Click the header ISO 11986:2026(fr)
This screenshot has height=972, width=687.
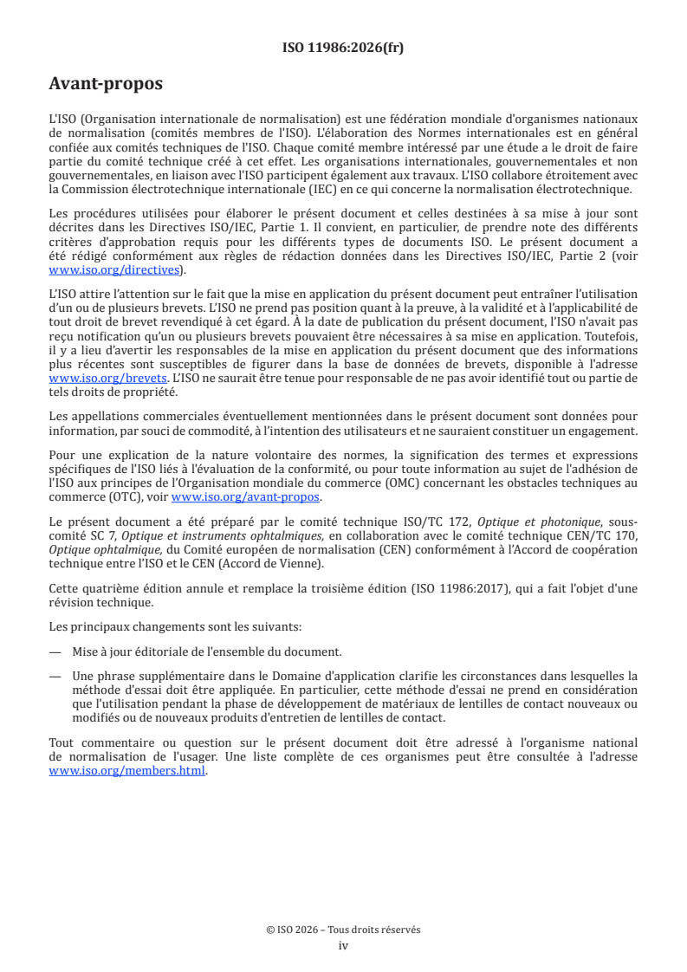click(x=343, y=49)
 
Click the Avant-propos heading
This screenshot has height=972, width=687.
click(x=106, y=84)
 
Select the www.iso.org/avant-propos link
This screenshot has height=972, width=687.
click(x=246, y=497)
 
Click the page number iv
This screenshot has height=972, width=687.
click(x=343, y=945)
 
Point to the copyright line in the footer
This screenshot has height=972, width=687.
click(x=343, y=930)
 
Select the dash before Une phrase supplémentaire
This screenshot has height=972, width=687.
click(x=55, y=676)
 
